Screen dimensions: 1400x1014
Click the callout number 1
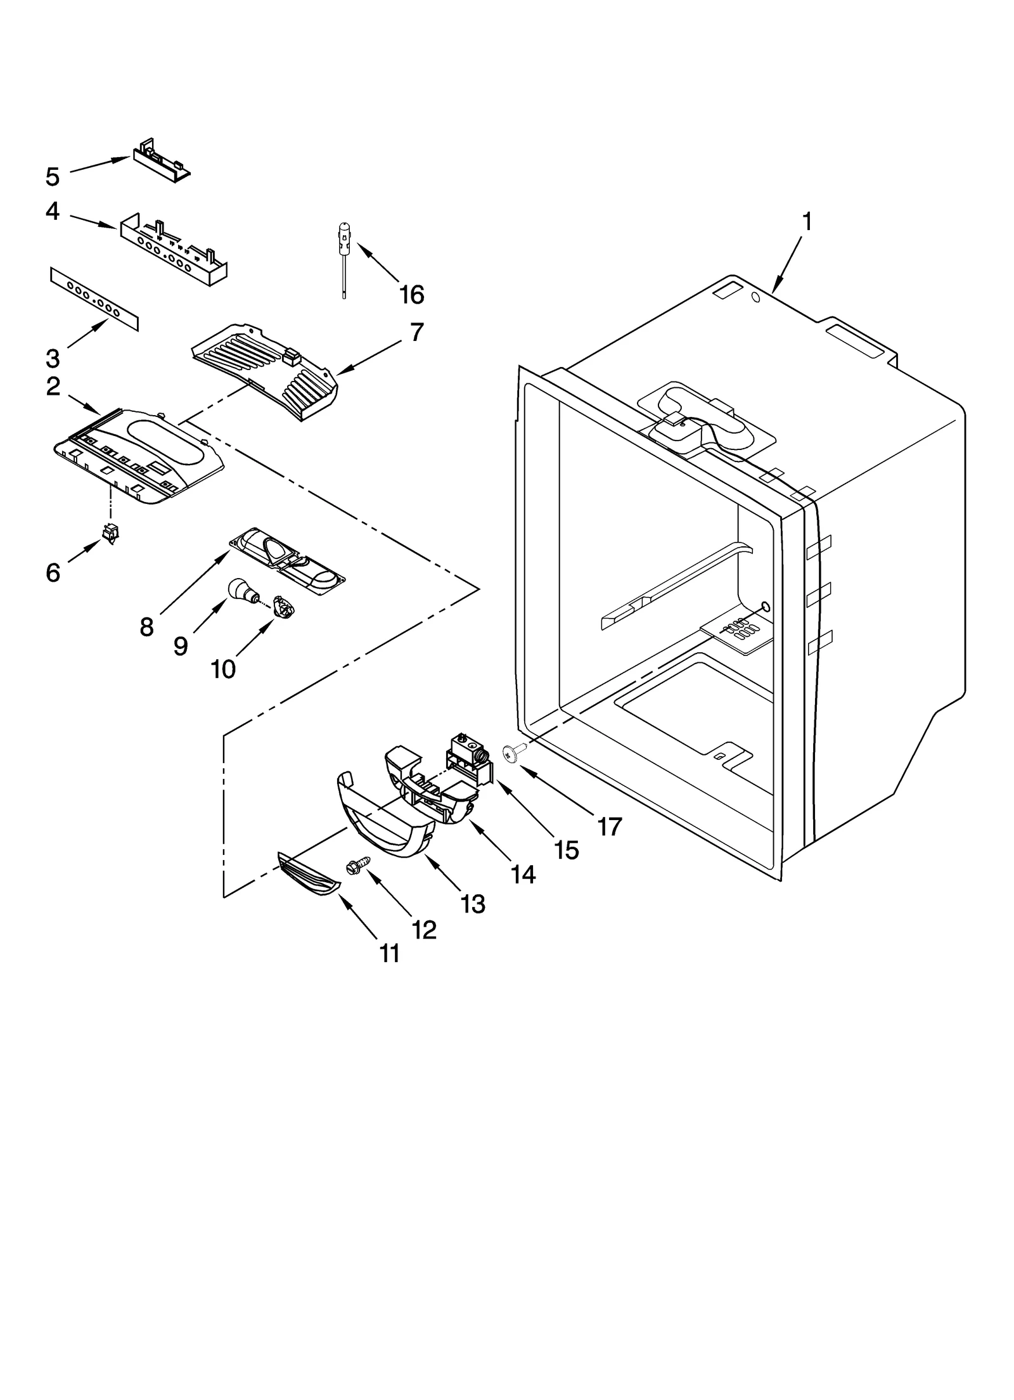pos(806,222)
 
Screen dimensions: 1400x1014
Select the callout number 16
pos(411,294)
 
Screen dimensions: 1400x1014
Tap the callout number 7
pos(416,332)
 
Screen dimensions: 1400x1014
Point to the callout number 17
pos(609,826)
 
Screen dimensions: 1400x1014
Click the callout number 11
pos(390,953)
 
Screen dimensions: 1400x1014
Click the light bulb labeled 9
pos(241,590)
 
